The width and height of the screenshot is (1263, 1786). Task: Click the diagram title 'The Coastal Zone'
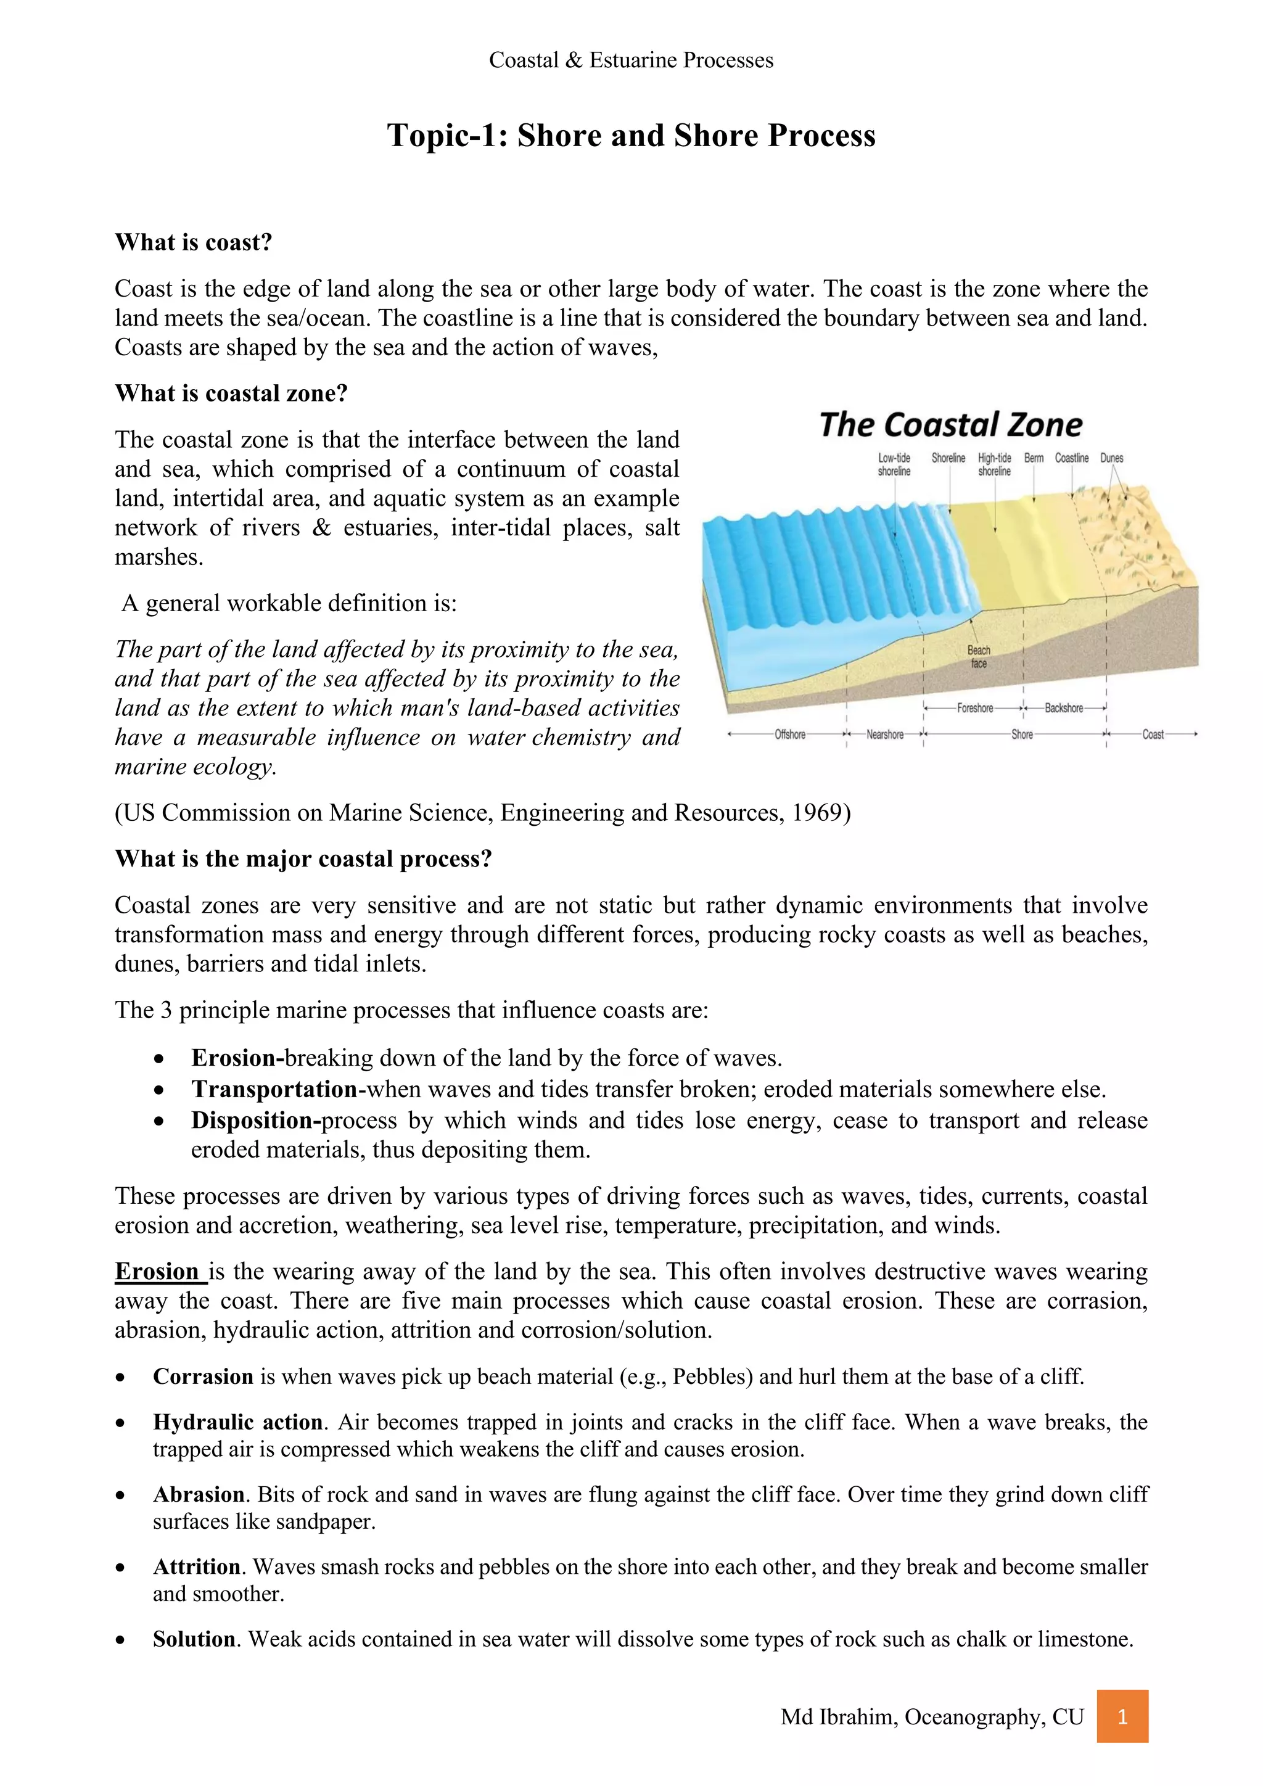coord(950,426)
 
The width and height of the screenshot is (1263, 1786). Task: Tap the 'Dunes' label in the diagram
coord(1111,458)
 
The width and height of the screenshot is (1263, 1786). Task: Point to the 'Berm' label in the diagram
coord(1034,458)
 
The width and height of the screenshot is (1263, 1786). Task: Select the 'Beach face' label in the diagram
coord(978,657)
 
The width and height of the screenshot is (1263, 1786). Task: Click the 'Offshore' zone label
coord(789,735)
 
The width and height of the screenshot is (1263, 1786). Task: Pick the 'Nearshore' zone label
coord(884,735)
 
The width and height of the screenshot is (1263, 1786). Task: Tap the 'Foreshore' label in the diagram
coord(974,708)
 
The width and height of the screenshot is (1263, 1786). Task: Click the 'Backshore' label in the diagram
coord(1063,708)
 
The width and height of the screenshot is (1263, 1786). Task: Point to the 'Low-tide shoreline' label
coord(894,464)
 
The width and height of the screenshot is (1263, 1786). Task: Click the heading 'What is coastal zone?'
coord(231,393)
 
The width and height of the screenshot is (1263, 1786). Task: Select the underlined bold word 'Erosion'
coord(157,1271)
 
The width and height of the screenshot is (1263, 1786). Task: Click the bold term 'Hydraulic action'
coord(237,1422)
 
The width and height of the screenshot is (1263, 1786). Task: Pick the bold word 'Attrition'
coord(197,1566)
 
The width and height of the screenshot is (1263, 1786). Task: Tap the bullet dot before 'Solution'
coord(120,1640)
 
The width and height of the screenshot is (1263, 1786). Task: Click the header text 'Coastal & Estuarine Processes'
coord(631,60)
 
